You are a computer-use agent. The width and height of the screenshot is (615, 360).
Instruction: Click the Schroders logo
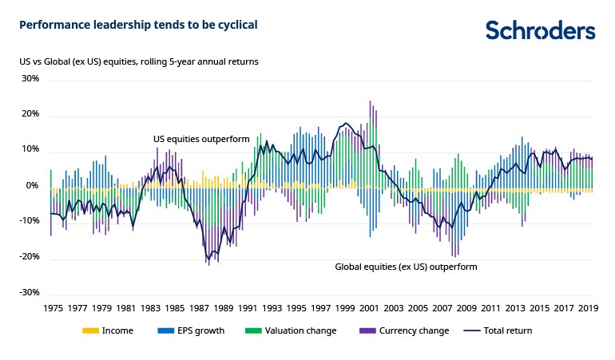[540, 30]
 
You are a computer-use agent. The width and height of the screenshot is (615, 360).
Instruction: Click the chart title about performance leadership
[138, 25]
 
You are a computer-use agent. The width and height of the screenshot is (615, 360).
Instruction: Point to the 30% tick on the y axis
[30, 79]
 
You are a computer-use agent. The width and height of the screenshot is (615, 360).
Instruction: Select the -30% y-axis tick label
[28, 293]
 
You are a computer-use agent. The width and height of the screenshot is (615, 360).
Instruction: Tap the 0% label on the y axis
[33, 186]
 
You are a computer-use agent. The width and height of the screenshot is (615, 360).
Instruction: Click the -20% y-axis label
[28, 257]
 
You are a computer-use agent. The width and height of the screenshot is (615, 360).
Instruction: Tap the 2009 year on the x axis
[466, 307]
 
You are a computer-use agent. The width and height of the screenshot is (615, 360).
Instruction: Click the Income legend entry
[117, 330]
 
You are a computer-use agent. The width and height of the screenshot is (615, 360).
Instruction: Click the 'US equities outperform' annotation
[201, 139]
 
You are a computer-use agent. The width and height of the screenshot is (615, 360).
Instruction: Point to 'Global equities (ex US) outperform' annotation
[405, 267]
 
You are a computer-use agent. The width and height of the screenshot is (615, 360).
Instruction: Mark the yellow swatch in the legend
[90, 330]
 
